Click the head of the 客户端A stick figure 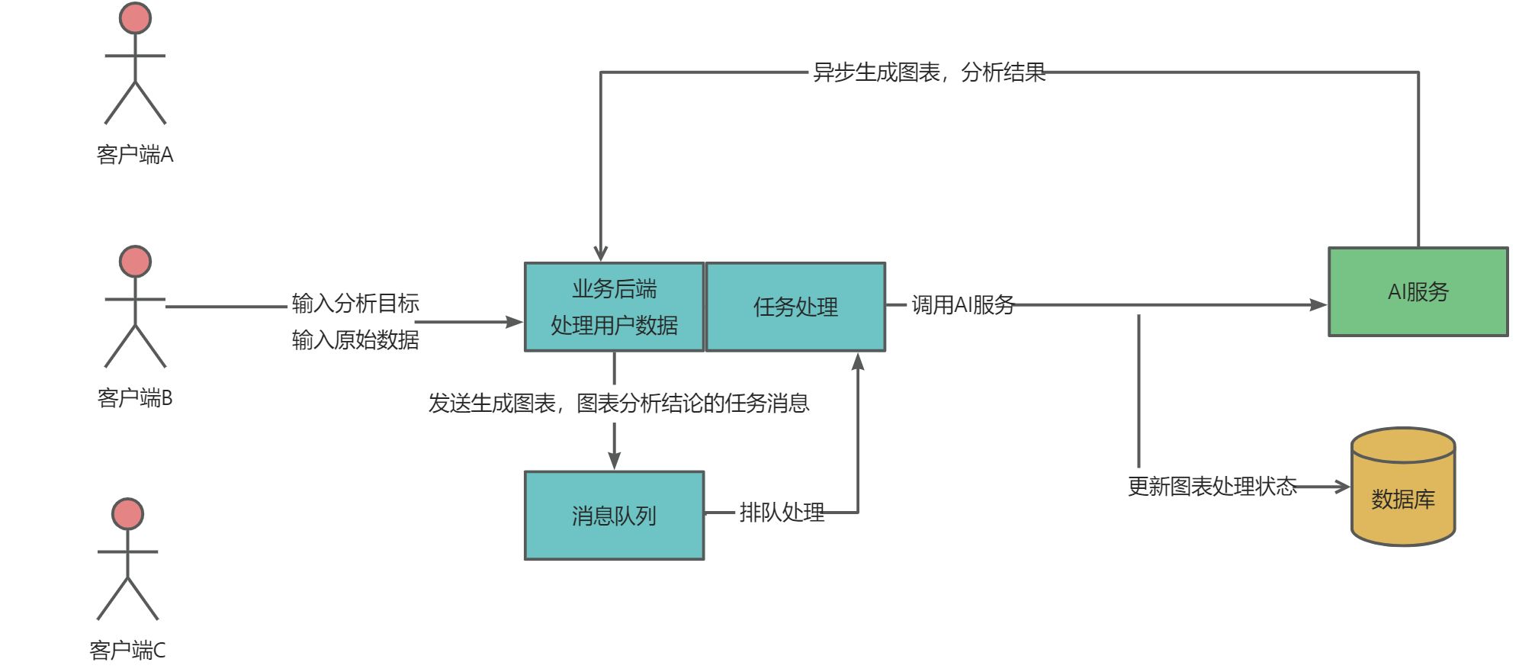(135, 18)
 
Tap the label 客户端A (135, 155)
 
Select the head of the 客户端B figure (135, 262)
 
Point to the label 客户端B (135, 398)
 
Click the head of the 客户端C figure (127, 514)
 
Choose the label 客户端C (127, 651)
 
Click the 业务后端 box (614, 307)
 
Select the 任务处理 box (795, 307)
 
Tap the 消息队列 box (614, 516)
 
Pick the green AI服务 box (1418, 291)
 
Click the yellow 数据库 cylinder (1403, 488)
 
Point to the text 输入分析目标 (355, 304)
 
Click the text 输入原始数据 (355, 339)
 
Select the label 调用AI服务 (962, 305)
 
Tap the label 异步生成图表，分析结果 (929, 72)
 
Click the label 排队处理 (782, 513)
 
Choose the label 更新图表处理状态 (1212, 487)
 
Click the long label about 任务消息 (618, 403)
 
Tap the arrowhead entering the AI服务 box (1318, 305)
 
